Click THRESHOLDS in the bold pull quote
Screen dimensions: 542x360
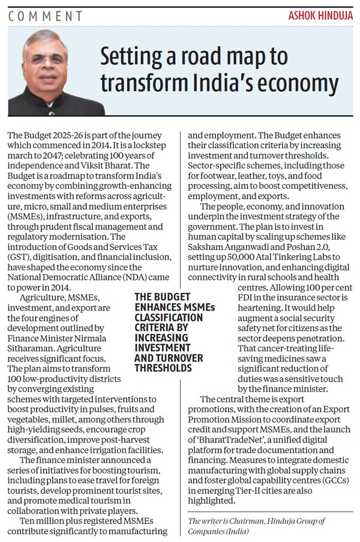tap(163, 368)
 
